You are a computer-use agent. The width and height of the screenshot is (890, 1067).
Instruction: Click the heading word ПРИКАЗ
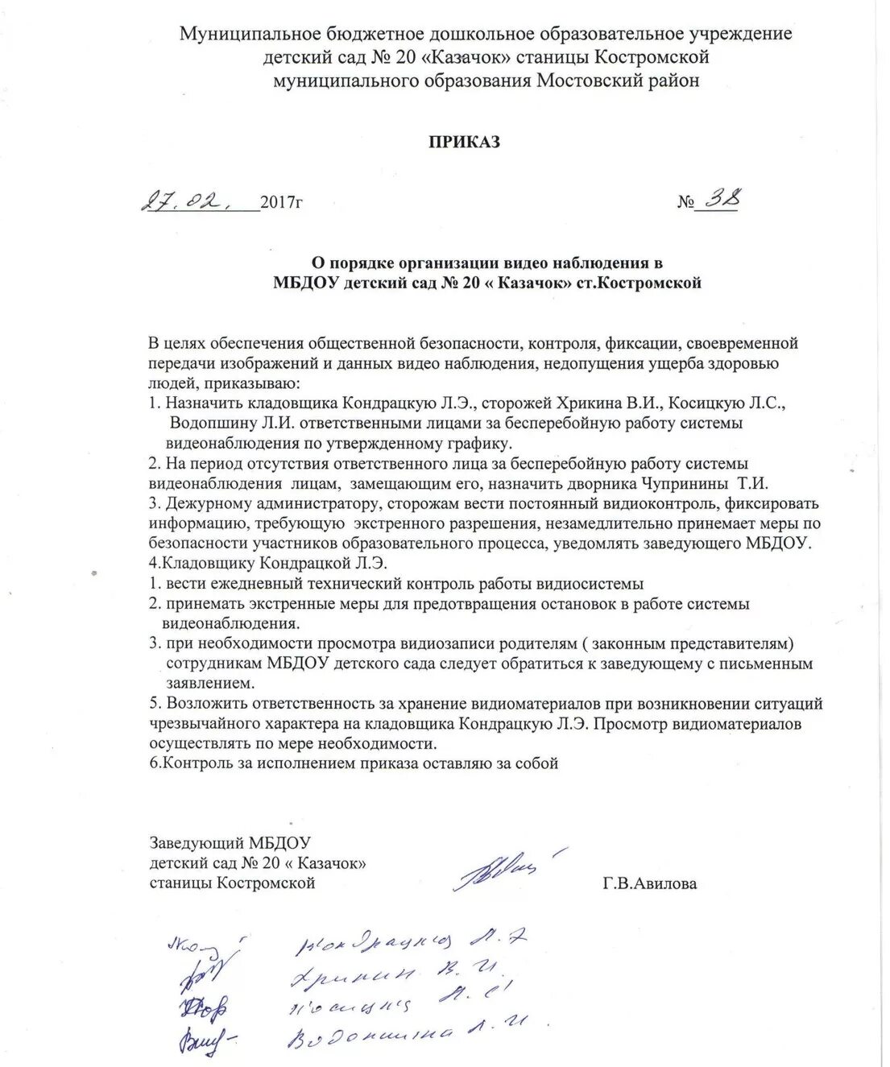(464, 142)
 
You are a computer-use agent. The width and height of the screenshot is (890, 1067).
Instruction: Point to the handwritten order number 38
(718, 198)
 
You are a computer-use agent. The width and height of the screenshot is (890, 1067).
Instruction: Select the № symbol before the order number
(685, 201)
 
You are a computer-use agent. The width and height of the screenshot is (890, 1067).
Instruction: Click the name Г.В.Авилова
(649, 883)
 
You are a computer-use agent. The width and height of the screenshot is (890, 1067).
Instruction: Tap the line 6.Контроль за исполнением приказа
(354, 763)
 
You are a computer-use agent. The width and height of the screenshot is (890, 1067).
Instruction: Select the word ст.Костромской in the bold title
(640, 283)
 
